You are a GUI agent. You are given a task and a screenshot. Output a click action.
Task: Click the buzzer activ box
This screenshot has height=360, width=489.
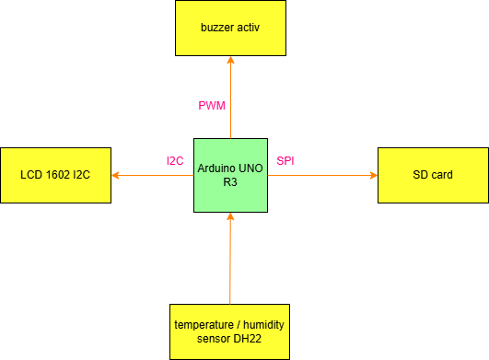tap(230, 28)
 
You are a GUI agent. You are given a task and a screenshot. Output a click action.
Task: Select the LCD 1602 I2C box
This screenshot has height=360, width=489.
tap(55, 175)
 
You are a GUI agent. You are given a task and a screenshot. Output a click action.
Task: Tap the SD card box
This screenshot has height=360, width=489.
tap(433, 175)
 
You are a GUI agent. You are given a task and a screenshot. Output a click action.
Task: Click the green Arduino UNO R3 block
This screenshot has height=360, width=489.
tap(230, 175)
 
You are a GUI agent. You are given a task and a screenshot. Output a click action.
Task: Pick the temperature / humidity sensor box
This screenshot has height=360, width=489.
tap(230, 332)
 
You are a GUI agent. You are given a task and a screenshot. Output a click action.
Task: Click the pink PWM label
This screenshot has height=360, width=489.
tap(212, 106)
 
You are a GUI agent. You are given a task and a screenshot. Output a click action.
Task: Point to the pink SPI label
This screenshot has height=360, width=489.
tap(285, 161)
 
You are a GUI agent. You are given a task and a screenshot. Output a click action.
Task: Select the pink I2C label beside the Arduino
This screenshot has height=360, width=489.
tap(175, 161)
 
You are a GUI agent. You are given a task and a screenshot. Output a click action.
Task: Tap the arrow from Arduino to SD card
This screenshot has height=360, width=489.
tap(322, 175)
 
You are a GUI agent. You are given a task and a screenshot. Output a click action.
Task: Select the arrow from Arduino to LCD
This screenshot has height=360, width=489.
tap(152, 175)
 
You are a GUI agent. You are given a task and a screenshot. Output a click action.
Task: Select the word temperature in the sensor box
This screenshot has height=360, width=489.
tap(204, 326)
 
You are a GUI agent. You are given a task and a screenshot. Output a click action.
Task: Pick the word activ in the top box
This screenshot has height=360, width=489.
tap(249, 28)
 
